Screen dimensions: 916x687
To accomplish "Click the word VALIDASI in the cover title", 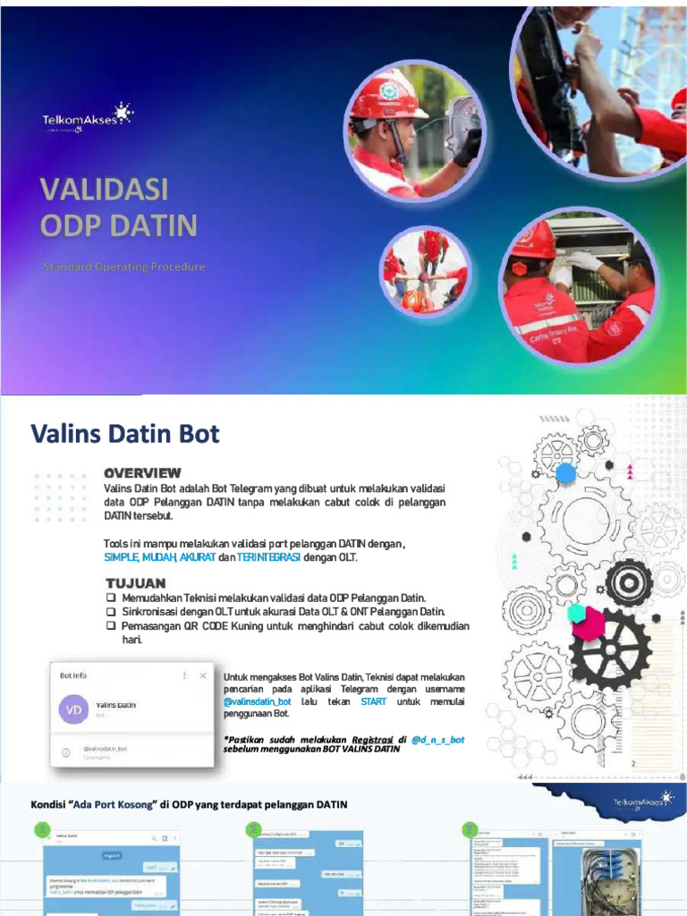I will (104, 190).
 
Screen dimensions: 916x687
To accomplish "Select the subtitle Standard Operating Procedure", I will (123, 267).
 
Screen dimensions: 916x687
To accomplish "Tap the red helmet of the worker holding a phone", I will (385, 98).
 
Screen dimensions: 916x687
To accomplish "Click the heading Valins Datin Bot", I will (125, 435).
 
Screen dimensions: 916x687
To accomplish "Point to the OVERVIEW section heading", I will (142, 472).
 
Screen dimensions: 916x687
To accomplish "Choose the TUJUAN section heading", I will (135, 583).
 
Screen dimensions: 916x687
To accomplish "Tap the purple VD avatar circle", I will (73, 710).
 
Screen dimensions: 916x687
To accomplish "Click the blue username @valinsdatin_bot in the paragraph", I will (258, 702).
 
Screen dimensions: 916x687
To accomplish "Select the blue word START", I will (374, 702).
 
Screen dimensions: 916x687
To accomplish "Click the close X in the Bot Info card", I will (203, 675).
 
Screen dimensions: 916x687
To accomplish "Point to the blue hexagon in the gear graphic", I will (565, 473).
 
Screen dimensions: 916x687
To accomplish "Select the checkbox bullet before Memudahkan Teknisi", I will (111, 598).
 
